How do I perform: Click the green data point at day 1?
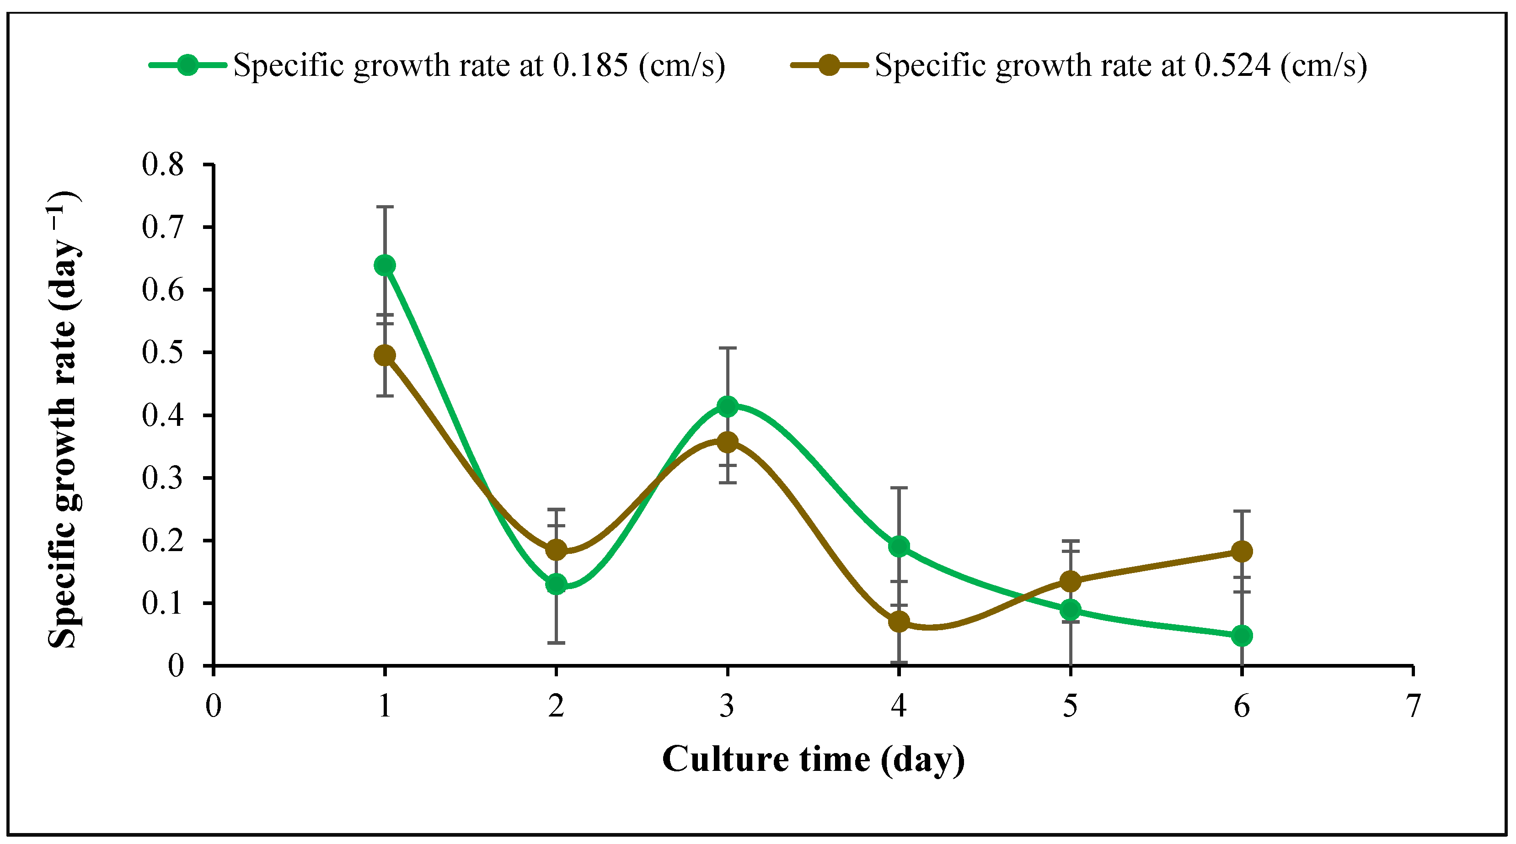point(384,265)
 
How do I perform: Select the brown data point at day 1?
point(384,355)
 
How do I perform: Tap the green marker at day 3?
point(728,406)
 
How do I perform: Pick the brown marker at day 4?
point(899,621)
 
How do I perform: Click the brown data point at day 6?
point(1242,551)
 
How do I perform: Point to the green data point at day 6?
point(1242,635)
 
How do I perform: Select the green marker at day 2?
point(556,584)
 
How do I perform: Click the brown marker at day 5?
point(1070,582)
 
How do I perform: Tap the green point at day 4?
point(899,547)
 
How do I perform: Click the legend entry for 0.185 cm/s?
point(478,65)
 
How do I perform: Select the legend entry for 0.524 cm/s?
point(1120,65)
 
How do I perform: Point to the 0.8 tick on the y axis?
point(163,165)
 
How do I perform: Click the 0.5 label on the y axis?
point(163,352)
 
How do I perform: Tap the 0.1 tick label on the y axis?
point(163,603)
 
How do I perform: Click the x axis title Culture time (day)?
point(813,759)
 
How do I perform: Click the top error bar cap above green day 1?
point(384,207)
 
